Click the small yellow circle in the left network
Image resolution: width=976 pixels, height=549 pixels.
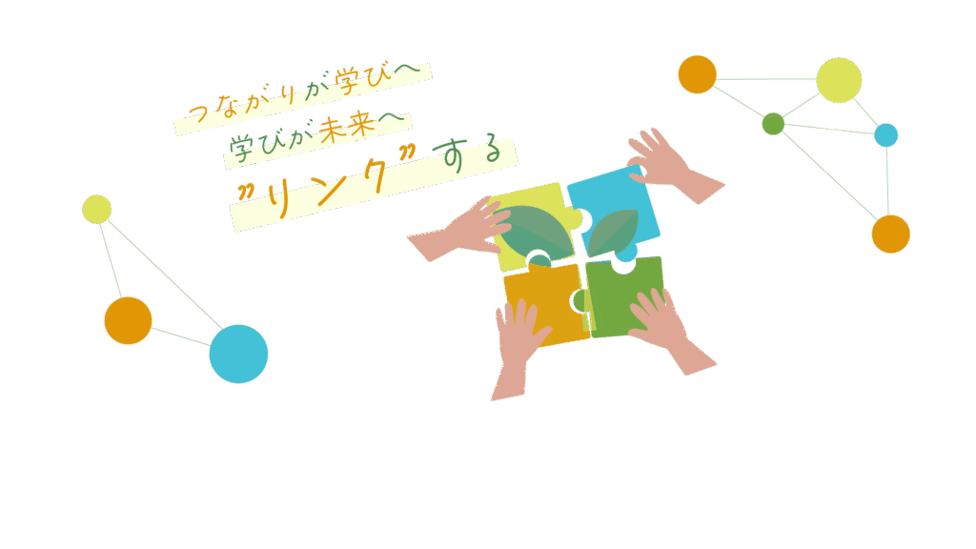[x=96, y=210]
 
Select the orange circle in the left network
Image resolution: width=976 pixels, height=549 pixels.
[x=128, y=321]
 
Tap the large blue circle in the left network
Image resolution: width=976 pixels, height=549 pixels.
[x=238, y=354]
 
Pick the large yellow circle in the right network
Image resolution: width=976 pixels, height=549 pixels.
[x=839, y=80]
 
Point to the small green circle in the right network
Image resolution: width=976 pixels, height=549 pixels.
[x=773, y=124]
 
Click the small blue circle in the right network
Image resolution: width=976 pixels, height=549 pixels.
[x=886, y=135]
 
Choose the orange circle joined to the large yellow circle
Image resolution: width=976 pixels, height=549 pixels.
[x=698, y=74]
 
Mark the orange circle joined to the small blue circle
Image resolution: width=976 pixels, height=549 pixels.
[x=891, y=234]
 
